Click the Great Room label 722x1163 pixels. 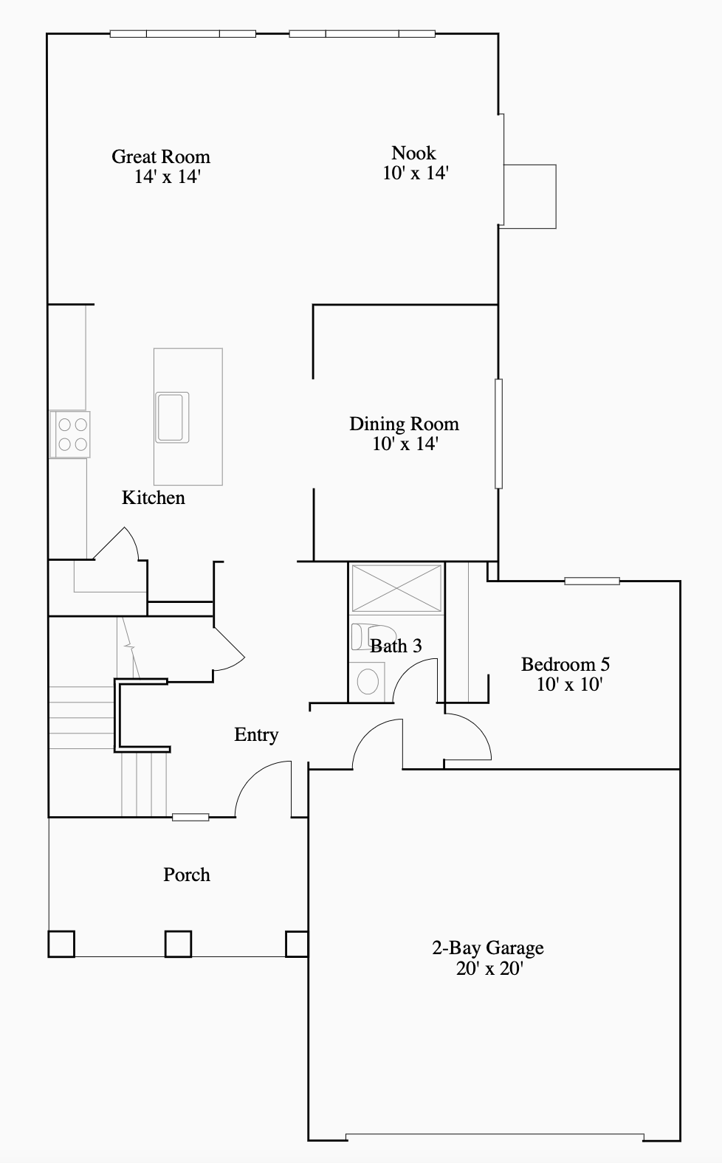pos(161,156)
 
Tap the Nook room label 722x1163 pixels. pos(413,153)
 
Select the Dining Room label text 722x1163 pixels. pos(404,424)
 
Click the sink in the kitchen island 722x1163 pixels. pos(172,417)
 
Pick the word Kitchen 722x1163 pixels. pos(154,498)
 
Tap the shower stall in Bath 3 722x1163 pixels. pos(396,588)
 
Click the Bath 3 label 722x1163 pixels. pos(396,646)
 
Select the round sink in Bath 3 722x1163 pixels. pos(368,681)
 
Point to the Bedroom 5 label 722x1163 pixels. pos(565,664)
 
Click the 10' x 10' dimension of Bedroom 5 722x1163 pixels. pos(569,685)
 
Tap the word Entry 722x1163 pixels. pos(256,735)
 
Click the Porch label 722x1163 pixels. pos(187,875)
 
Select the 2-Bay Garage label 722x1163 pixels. pos(488,948)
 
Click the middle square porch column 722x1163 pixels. pos(178,944)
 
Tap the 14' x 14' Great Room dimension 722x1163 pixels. pos(168,177)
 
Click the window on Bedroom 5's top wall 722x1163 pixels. pos(592,581)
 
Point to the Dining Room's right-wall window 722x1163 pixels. pos(498,433)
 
